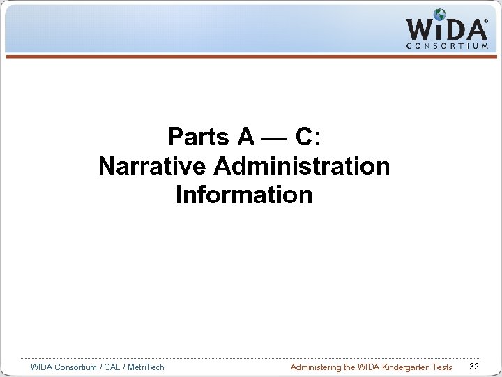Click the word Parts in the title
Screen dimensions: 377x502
201,138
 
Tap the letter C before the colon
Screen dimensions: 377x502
304,138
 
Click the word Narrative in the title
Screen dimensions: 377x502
153,166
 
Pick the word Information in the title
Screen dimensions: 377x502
244,195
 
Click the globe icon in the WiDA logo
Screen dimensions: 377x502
440,15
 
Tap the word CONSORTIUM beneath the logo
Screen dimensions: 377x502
446,46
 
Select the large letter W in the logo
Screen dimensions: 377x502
420,29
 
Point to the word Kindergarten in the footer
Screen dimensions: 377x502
403,367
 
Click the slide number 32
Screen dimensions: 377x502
474,367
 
